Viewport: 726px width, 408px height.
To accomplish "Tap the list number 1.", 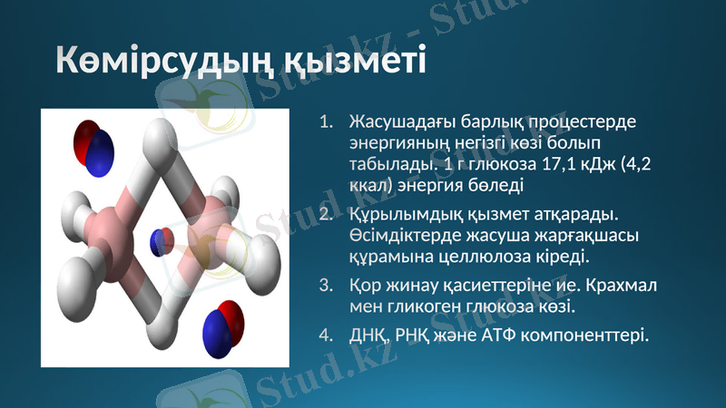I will [x=329, y=121].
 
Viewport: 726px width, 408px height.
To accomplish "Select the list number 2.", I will [x=329, y=215].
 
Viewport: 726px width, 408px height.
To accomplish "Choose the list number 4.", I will [x=329, y=335].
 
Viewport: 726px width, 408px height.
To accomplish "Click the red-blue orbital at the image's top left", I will [x=93, y=145].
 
